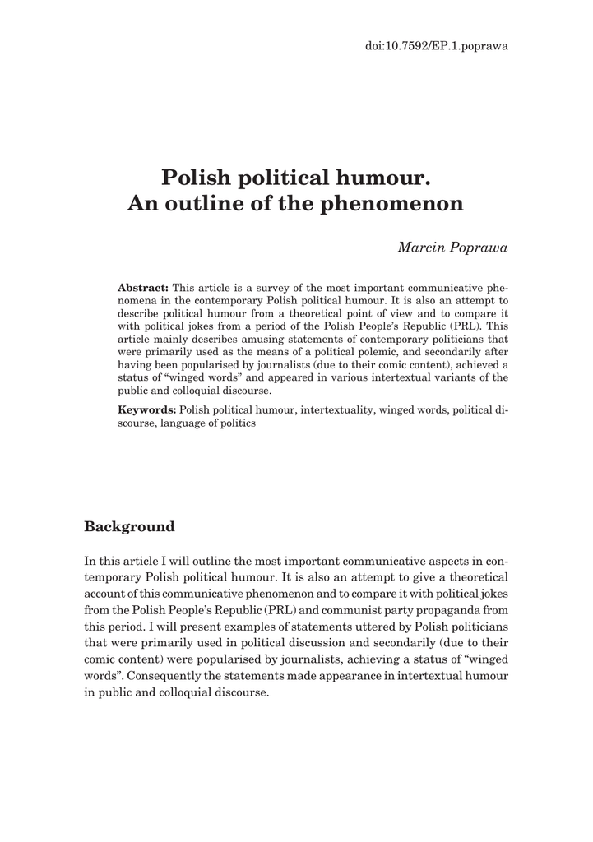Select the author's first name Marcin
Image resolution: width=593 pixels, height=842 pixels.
tap(420, 248)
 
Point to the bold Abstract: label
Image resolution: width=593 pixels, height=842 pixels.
tap(143, 288)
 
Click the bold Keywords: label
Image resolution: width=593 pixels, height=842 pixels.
tap(147, 409)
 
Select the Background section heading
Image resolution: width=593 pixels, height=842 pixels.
tap(130, 526)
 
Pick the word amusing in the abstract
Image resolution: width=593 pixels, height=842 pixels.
tap(226, 339)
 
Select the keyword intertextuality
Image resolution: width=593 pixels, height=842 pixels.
tap(337, 409)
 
